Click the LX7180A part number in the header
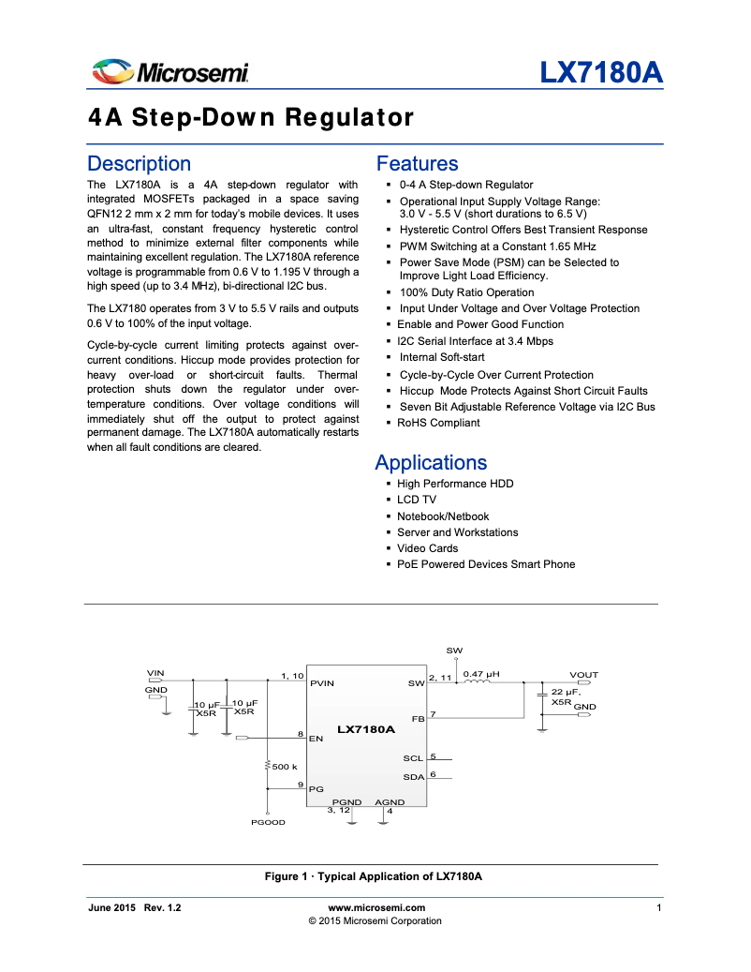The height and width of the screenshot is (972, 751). (x=600, y=72)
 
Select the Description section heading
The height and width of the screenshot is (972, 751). (x=139, y=164)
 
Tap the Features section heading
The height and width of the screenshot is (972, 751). (x=417, y=164)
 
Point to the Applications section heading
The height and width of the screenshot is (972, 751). (x=431, y=462)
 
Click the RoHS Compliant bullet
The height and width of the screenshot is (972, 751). (x=438, y=423)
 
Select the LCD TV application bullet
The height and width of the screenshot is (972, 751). (x=417, y=501)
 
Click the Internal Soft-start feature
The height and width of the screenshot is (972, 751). (x=442, y=357)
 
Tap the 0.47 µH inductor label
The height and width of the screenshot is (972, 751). (x=481, y=673)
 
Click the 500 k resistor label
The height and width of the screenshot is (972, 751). (x=285, y=767)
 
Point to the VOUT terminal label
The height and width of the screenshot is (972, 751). (x=583, y=675)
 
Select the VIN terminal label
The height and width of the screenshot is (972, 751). (x=155, y=673)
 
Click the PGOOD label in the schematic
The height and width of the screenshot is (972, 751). (x=268, y=822)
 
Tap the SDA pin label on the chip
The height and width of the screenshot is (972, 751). (x=413, y=777)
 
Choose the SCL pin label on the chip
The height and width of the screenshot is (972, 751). (x=413, y=758)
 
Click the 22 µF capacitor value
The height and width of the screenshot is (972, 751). (x=567, y=692)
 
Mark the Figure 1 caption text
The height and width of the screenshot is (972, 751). (x=373, y=876)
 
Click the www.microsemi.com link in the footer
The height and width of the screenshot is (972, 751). (x=377, y=907)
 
